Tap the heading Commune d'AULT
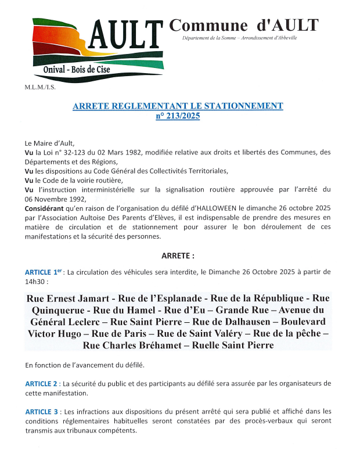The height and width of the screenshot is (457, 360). (x=243, y=25)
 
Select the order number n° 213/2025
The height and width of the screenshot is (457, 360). (x=178, y=116)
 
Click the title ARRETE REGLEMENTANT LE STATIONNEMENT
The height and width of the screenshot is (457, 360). (x=178, y=106)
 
